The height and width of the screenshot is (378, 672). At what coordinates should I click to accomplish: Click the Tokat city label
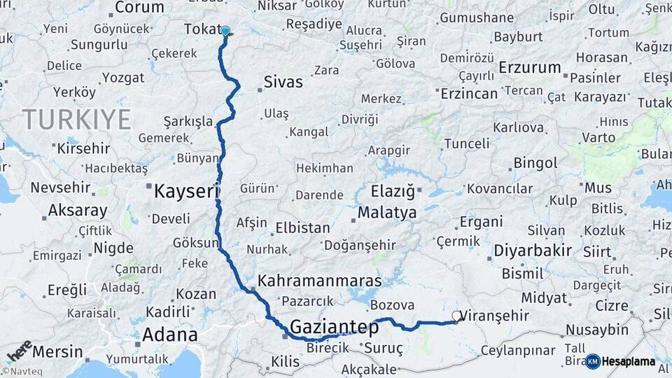201,29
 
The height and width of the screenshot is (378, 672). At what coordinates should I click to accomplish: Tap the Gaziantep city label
334,327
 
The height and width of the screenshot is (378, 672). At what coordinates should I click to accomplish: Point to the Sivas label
283,82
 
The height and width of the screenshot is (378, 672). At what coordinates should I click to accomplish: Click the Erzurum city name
531,68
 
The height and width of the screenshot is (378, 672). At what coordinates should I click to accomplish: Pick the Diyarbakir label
533,250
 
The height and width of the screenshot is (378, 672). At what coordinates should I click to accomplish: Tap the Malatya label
386,212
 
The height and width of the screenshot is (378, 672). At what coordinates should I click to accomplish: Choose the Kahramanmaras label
320,281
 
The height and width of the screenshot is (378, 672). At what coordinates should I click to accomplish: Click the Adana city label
169,335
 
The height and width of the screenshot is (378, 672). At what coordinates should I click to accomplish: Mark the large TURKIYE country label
77,120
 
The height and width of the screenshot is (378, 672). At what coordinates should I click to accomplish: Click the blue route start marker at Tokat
225,31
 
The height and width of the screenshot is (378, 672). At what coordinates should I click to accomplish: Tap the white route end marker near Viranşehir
456,316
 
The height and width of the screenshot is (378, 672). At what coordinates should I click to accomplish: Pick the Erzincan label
469,93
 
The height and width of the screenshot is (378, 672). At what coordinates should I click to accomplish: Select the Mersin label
57,351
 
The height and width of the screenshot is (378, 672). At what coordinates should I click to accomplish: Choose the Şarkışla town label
188,121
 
